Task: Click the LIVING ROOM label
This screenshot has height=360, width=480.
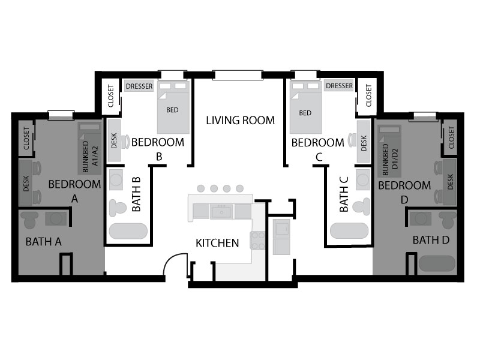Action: [241, 121]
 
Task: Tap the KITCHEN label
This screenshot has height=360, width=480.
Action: [217, 243]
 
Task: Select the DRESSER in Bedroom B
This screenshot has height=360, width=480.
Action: [139, 86]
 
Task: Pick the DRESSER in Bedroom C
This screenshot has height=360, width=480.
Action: [339, 86]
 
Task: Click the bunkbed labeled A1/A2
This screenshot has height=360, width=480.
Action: [89, 148]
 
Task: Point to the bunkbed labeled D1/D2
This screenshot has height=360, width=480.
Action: [389, 151]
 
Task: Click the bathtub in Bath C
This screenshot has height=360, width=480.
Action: [349, 230]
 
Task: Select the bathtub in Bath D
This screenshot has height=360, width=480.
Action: [437, 263]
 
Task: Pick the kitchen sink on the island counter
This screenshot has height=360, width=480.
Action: [221, 212]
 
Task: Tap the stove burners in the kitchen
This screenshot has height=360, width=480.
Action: [258, 241]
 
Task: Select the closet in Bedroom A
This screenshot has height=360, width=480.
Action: [26, 139]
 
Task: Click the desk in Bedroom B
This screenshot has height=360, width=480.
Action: [114, 140]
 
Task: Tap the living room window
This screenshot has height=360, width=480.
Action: [238, 75]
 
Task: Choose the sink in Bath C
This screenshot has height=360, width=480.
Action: [363, 179]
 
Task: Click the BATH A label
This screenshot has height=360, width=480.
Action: [43, 242]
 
